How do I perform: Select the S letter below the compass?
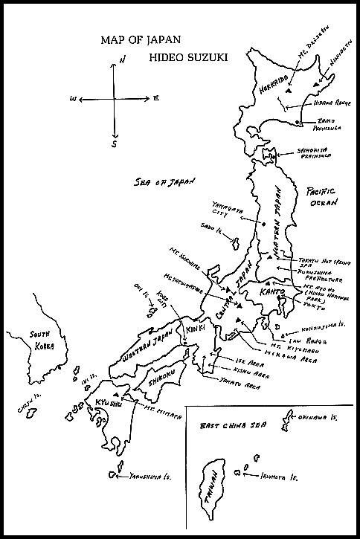114,144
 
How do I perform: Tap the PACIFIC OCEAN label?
324,196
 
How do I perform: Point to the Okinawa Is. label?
315,420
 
